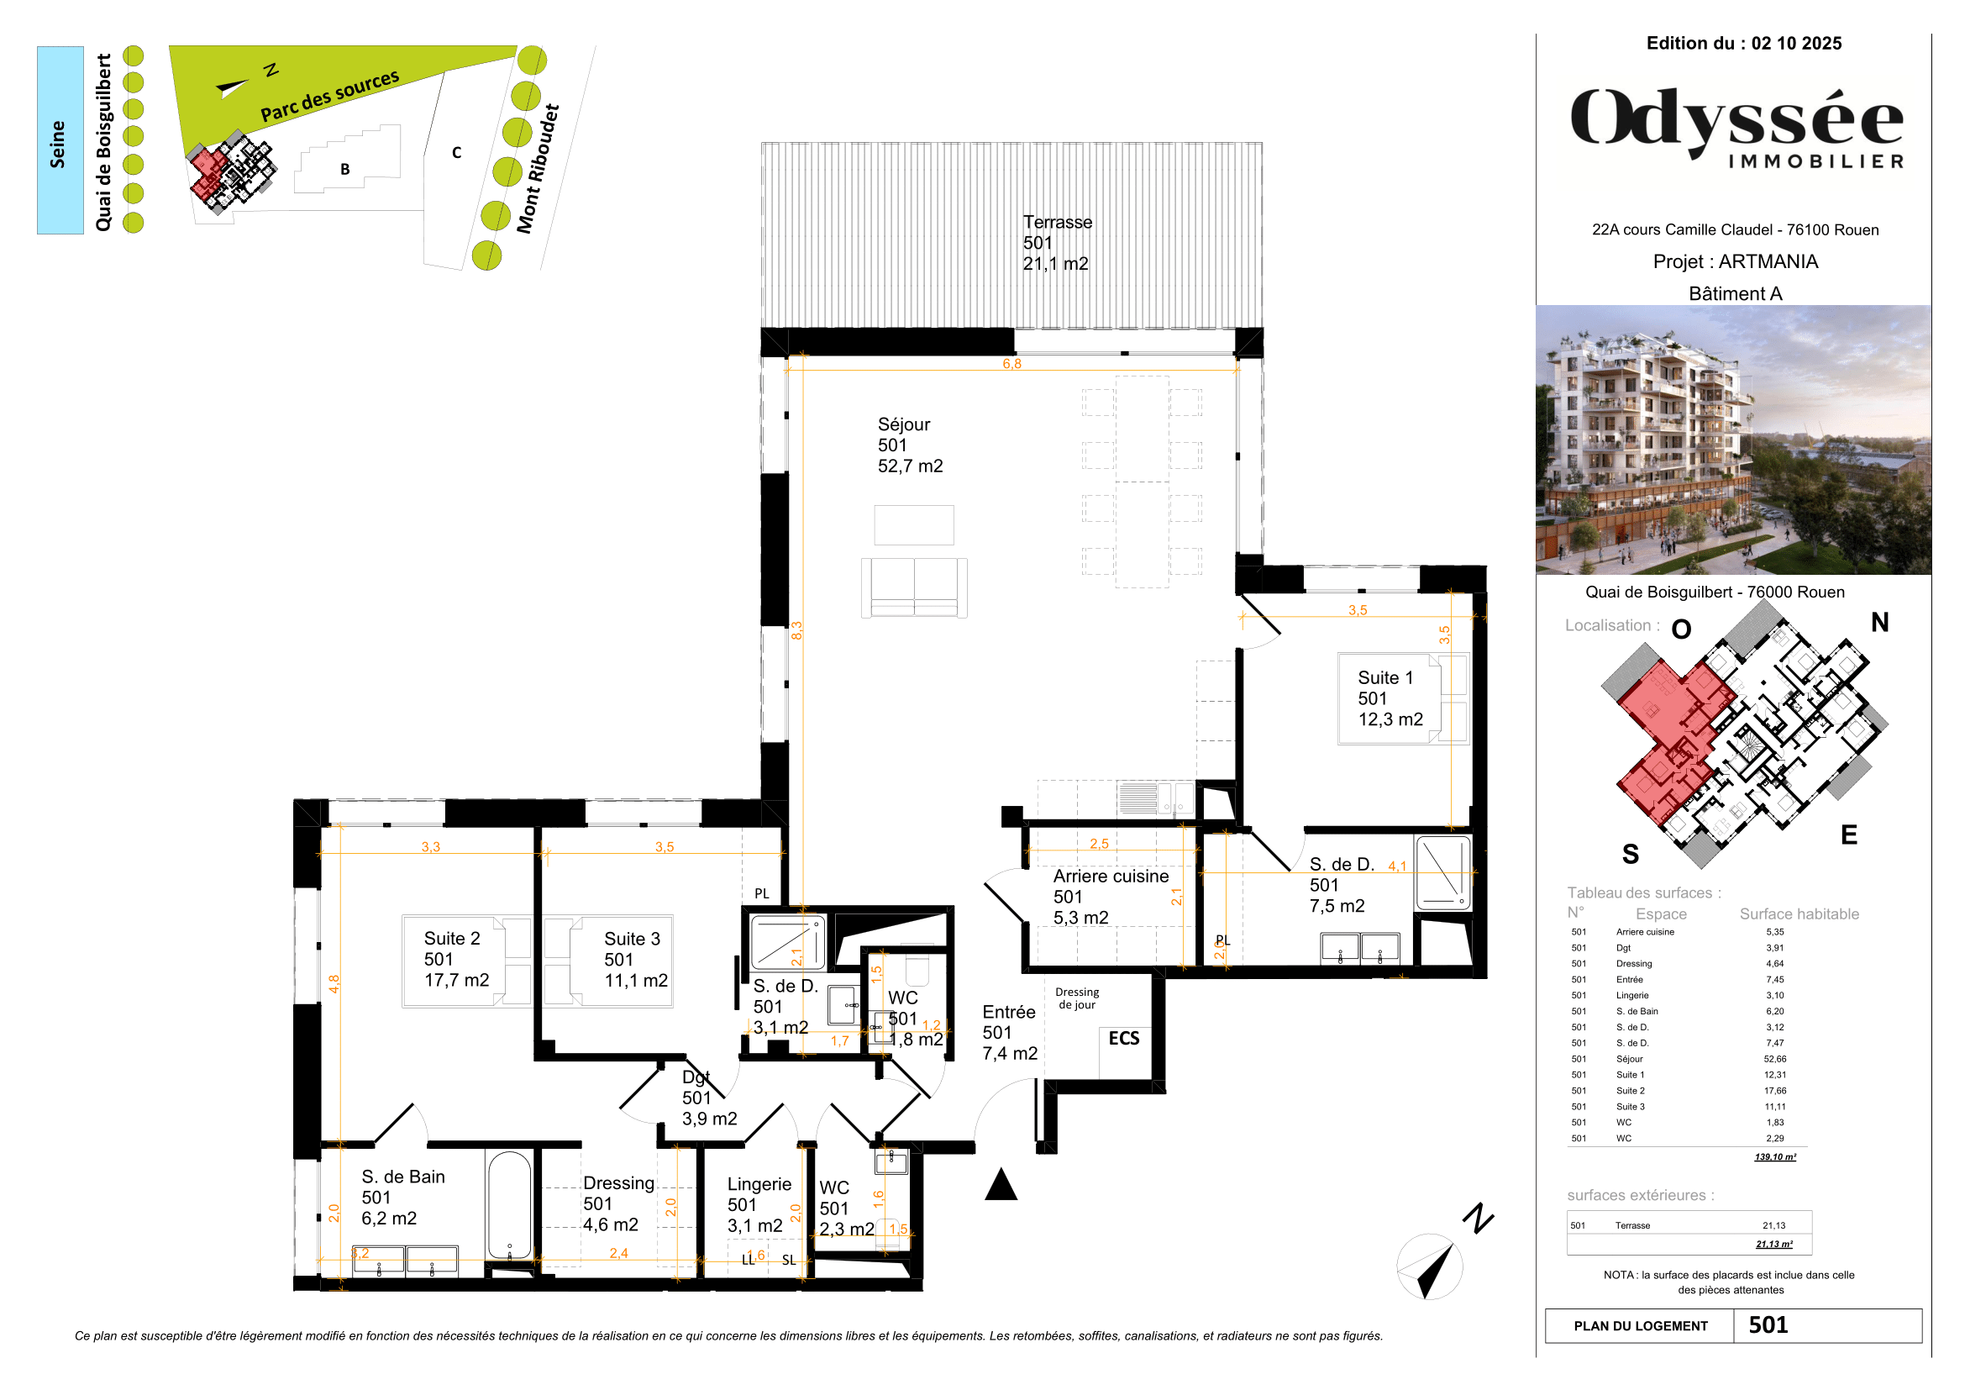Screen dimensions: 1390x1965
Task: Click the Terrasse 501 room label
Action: [1056, 243]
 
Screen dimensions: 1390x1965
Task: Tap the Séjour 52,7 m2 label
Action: [910, 445]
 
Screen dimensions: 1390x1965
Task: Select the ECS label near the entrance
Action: [1124, 1038]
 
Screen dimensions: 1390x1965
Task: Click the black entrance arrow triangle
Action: [1001, 1186]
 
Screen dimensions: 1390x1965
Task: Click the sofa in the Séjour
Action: [914, 587]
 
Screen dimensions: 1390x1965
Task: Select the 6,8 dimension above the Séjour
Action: [1011, 364]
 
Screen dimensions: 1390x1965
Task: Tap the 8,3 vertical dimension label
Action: [796, 631]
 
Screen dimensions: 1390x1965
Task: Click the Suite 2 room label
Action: [455, 960]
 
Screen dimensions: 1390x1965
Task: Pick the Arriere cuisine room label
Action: [1110, 897]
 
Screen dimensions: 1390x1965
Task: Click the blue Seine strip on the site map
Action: [60, 140]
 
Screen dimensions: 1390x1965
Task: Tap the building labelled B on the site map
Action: [346, 169]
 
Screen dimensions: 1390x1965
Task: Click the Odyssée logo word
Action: [1736, 122]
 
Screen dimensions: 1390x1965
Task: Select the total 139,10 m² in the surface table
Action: [1775, 1157]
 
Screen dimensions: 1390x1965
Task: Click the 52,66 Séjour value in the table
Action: [1775, 1059]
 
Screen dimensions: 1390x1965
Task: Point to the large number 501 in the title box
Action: [1768, 1325]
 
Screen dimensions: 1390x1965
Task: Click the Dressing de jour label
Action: [1077, 998]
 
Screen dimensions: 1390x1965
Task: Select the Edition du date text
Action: [1743, 44]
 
